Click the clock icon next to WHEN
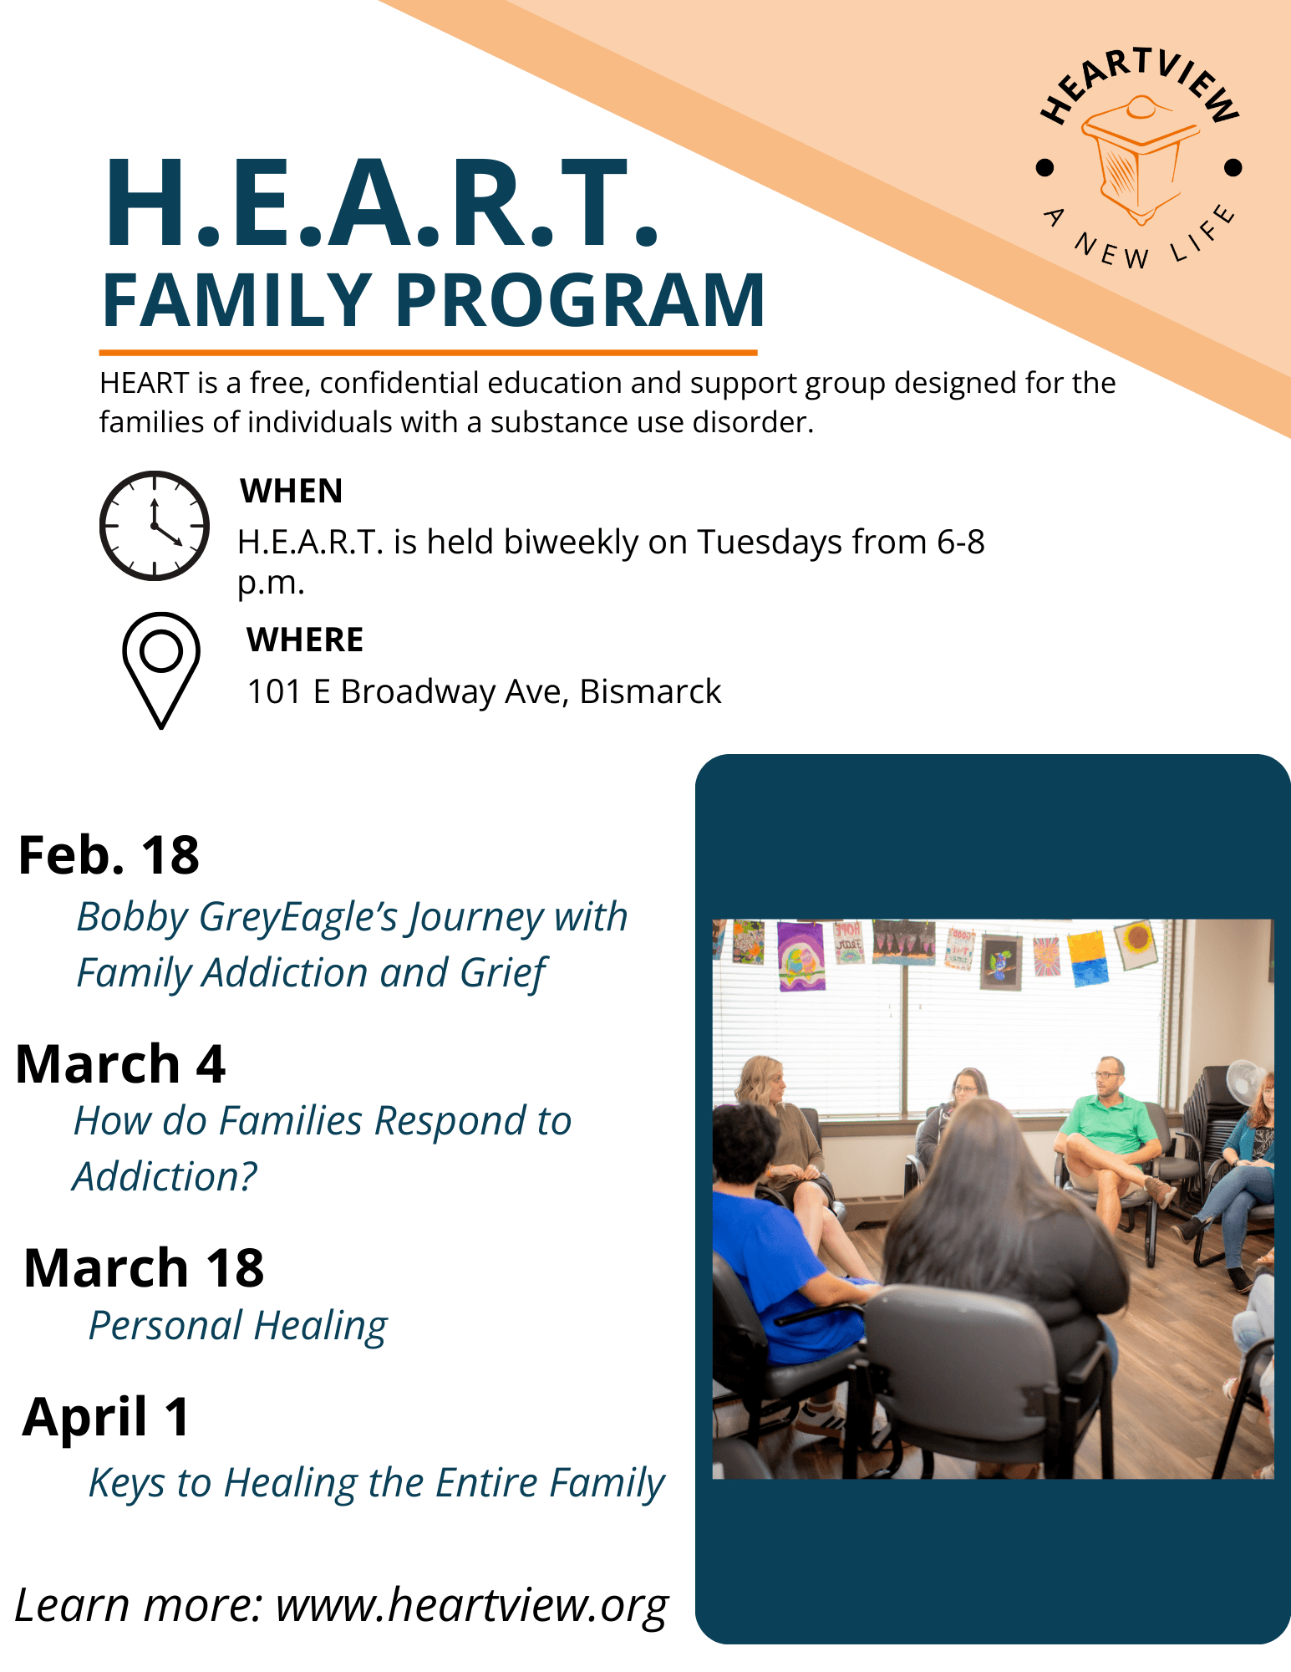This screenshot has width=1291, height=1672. pos(155,526)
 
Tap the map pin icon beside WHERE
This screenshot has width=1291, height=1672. pos(161,669)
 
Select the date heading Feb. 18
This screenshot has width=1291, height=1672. pos(109,855)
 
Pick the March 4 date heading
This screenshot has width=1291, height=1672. pos(120,1064)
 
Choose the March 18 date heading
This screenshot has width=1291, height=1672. pos(144,1268)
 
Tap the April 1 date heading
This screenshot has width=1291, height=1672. pos(107,1418)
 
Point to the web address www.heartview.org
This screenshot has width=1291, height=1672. pos(472,1606)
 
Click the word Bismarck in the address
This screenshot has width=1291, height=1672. pos(650,691)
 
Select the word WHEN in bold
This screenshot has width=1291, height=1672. pos(292,491)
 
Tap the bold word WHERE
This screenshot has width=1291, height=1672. pos(305,640)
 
